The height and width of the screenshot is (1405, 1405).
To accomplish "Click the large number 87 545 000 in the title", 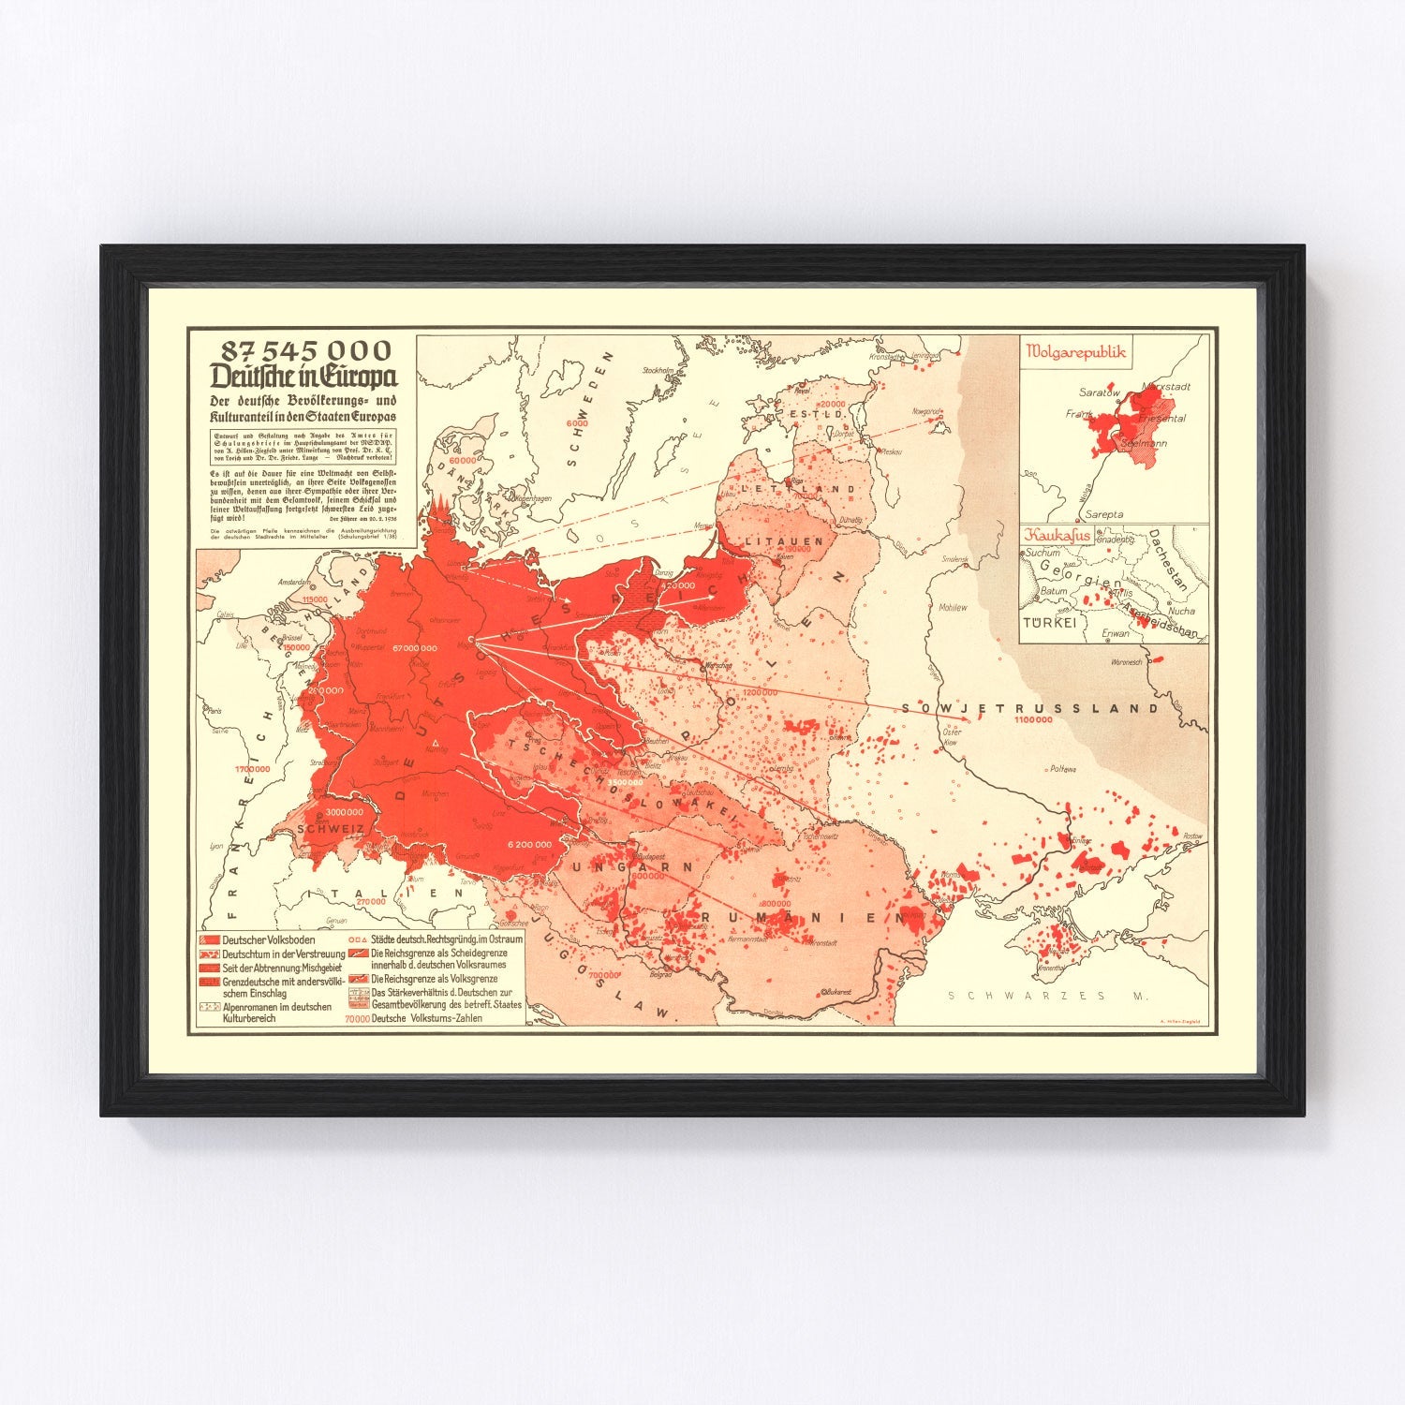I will pos(305,350).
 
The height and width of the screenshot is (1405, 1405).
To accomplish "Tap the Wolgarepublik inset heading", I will pos(1075,352).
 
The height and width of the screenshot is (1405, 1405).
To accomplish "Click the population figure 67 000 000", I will pos(415,647).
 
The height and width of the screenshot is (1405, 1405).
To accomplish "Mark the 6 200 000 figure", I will pos(529,844).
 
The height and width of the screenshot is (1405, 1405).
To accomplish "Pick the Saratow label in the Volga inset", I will pos(1099,392).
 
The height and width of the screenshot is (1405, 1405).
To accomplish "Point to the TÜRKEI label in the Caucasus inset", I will pos(1048,622).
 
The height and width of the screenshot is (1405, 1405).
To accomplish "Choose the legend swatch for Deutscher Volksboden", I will pos(208,939).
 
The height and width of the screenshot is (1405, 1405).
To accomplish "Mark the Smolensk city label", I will pos(955,559).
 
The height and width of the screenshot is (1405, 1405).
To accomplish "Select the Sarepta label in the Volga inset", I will pos(1104,514).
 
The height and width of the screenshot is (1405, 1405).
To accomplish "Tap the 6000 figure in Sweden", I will pos(577,423).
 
